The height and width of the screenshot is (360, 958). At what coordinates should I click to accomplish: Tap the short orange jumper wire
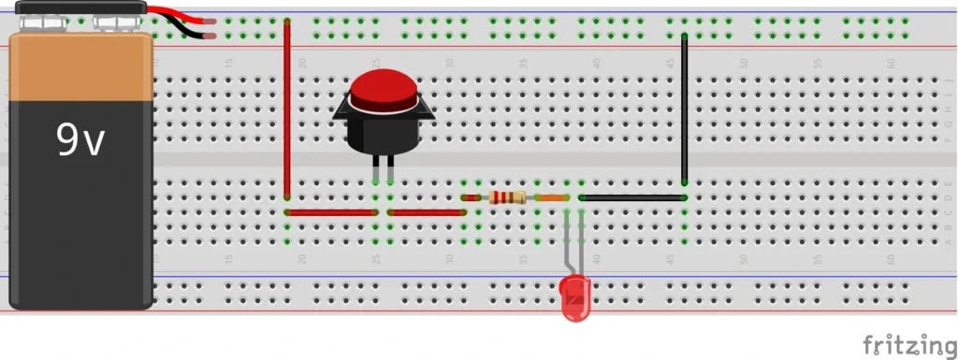click(552, 197)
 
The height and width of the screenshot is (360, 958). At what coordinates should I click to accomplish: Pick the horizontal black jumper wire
click(632, 197)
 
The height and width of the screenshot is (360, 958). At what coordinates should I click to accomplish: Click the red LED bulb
click(575, 299)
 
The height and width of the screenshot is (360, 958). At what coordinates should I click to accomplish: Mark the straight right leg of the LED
click(582, 248)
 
